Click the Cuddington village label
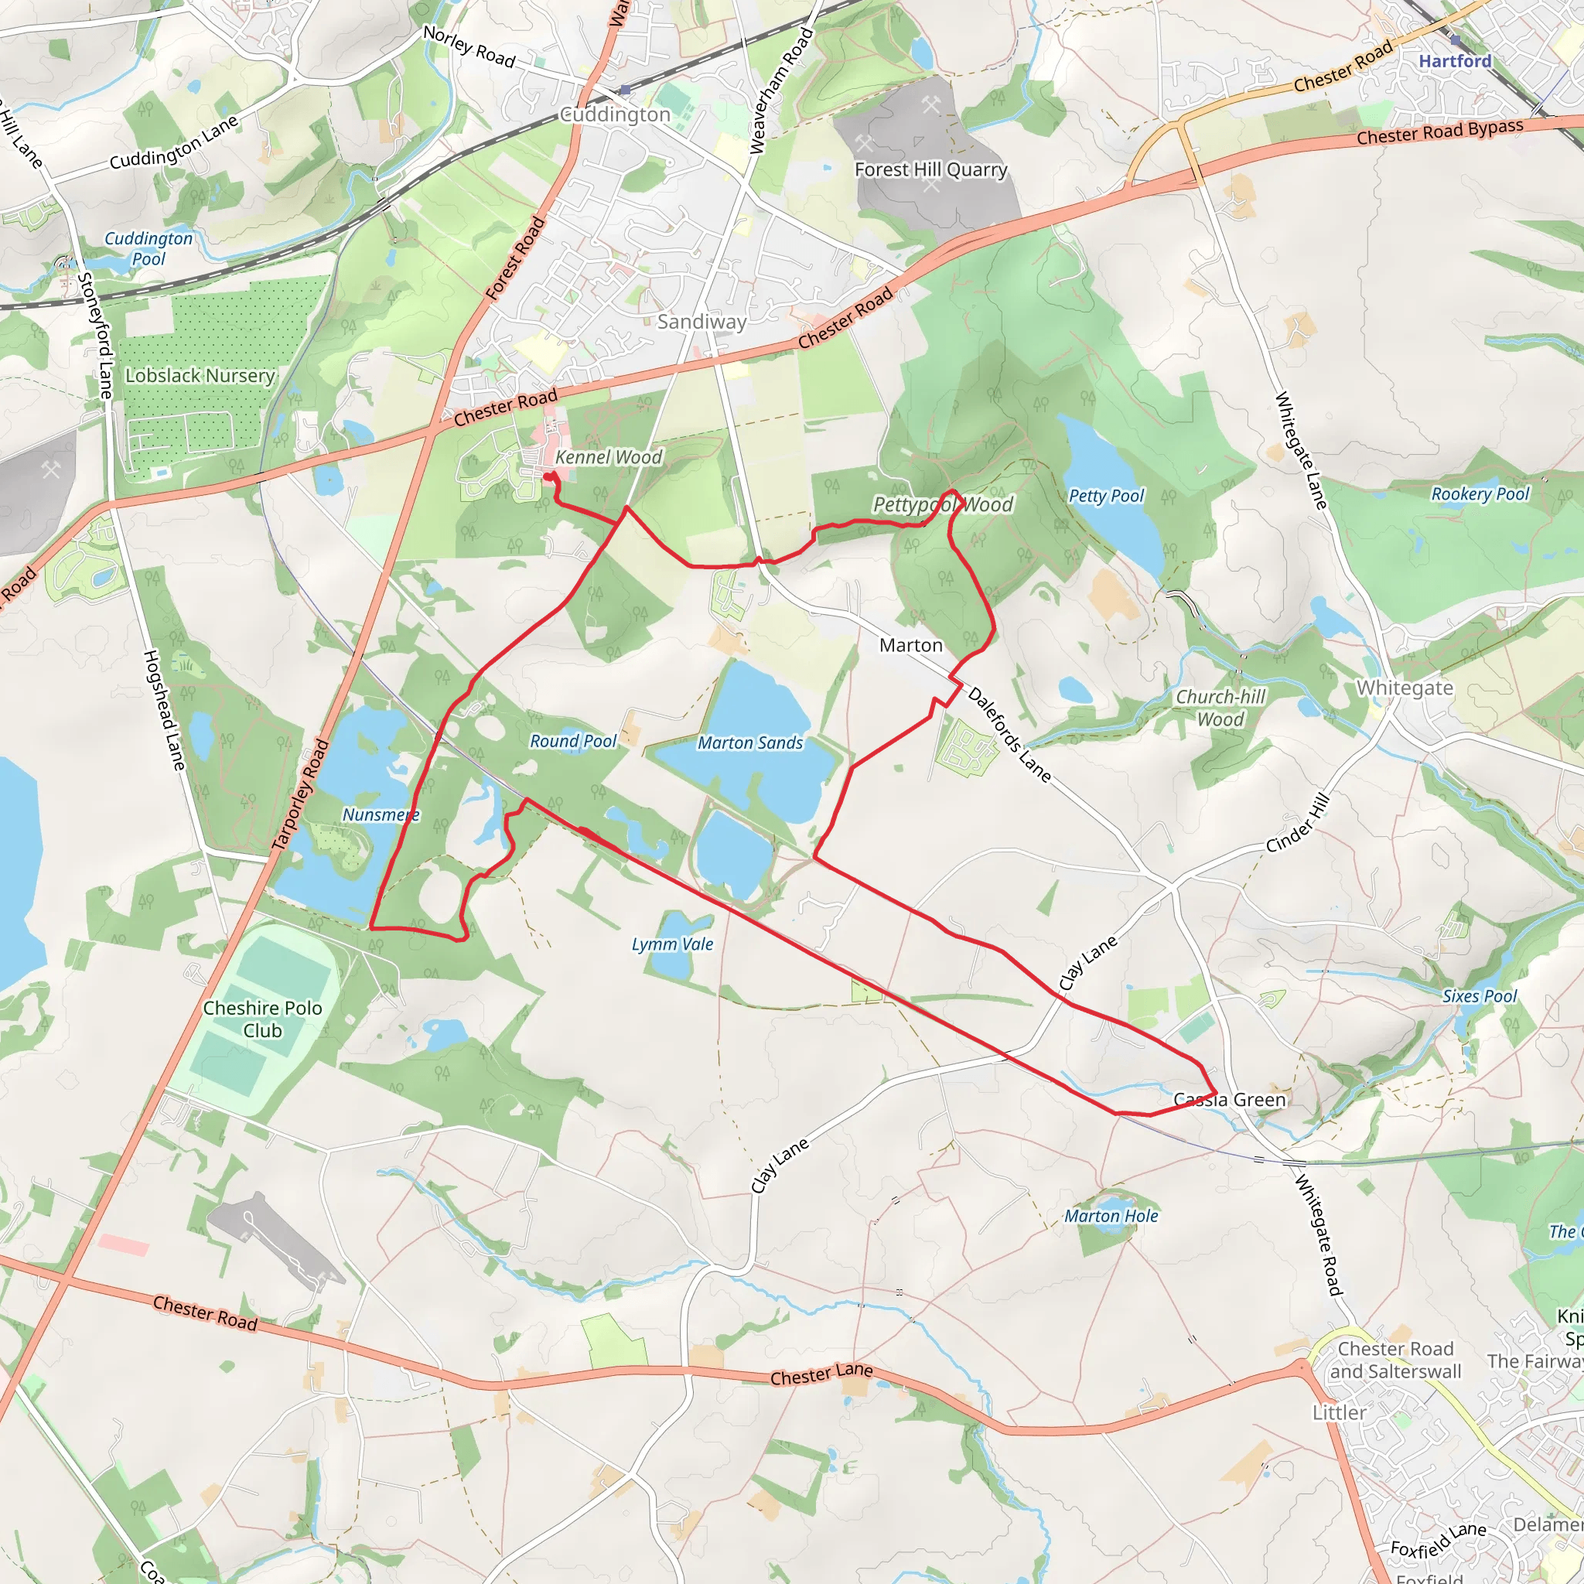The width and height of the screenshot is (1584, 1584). [614, 114]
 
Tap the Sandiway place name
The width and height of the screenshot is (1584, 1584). [702, 322]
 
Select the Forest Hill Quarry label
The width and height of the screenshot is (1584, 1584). [930, 169]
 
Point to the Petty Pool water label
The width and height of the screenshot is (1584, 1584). [1106, 495]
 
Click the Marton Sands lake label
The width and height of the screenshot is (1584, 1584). [750, 742]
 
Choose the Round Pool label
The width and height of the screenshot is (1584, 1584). [573, 741]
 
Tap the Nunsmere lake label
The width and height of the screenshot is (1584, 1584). [381, 815]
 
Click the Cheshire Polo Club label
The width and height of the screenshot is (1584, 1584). [262, 1019]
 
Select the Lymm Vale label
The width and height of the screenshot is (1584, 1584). [672, 944]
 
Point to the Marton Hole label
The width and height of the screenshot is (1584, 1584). [1111, 1216]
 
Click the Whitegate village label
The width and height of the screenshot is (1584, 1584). [1405, 688]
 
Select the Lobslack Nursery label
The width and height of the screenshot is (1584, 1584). [200, 375]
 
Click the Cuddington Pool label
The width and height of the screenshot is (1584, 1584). [148, 248]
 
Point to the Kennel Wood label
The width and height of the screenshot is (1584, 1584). [609, 458]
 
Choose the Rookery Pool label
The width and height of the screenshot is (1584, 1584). [1480, 493]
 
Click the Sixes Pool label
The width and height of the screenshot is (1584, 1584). [1480, 996]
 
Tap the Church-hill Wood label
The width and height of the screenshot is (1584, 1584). [1220, 708]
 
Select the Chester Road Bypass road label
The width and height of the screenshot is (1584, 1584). [1439, 132]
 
